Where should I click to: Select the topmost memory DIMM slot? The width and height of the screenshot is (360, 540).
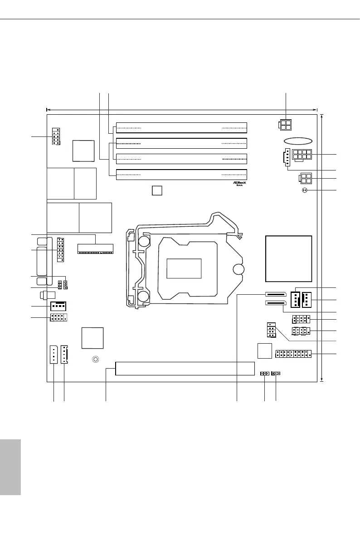pyautogui.click(x=181, y=127)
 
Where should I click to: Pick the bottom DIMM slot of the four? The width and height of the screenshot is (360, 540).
pyautogui.click(x=181, y=175)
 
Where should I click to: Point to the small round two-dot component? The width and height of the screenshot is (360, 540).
pyautogui.click(x=304, y=190)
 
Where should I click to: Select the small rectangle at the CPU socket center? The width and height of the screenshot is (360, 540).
pyautogui.click(x=184, y=268)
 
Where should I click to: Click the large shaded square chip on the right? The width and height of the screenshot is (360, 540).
pyautogui.click(x=289, y=258)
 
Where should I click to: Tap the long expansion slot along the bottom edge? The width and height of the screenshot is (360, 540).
pyautogui.click(x=185, y=369)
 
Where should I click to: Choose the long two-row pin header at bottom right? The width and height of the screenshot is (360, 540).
pyautogui.click(x=292, y=353)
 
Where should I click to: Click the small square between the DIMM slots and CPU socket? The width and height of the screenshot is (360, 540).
pyautogui.click(x=156, y=190)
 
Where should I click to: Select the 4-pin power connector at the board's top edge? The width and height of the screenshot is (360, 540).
pyautogui.click(x=285, y=125)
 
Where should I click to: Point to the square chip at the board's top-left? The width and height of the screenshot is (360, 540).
pyautogui.click(x=83, y=151)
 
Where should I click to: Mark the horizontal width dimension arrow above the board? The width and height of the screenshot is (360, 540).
pyautogui.click(x=181, y=109)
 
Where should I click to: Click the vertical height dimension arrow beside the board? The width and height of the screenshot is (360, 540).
pyautogui.click(x=321, y=248)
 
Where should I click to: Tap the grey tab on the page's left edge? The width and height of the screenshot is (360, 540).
pyautogui.click(x=10, y=467)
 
